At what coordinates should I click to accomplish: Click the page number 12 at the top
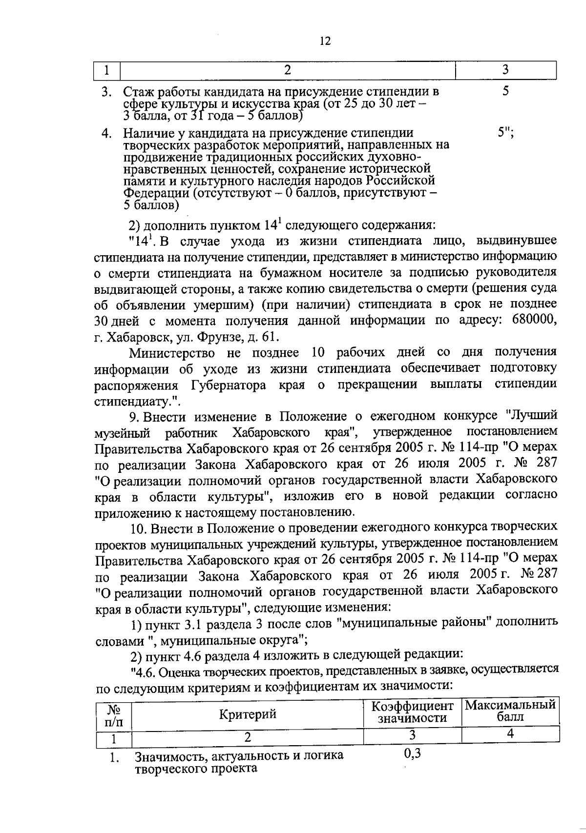(x=325, y=41)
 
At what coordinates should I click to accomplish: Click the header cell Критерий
(x=248, y=714)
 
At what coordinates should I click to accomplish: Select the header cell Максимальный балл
(x=510, y=711)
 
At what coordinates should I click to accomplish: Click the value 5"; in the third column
(x=506, y=133)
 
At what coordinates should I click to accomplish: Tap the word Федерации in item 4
(x=153, y=193)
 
